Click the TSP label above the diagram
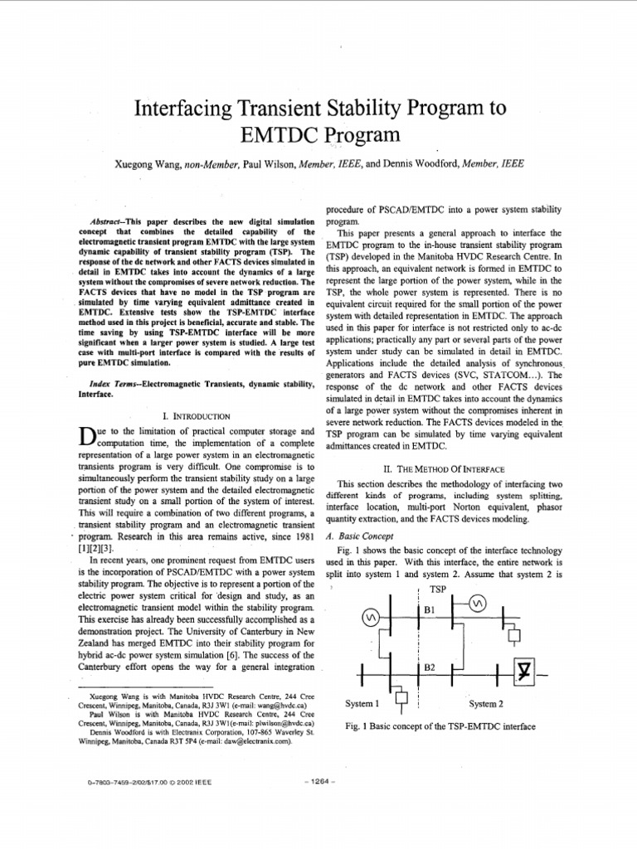439,589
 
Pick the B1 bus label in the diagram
430,609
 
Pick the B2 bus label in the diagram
430,667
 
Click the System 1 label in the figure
362,704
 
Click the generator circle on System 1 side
372,618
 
